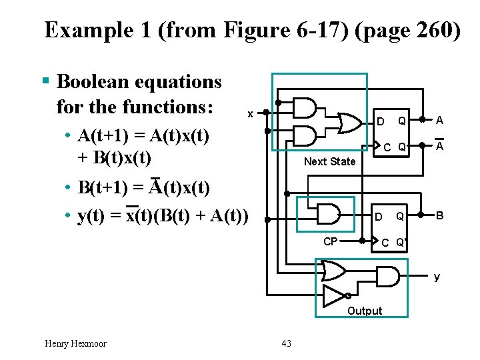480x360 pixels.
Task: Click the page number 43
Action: pyautogui.click(x=287, y=343)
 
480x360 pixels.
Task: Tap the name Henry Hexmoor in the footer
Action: pyautogui.click(x=75, y=343)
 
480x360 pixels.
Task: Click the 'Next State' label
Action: pyautogui.click(x=329, y=161)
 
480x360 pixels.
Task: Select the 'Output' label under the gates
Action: pyautogui.click(x=365, y=311)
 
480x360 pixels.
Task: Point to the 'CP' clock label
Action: pyautogui.click(x=331, y=241)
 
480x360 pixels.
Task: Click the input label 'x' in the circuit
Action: pyautogui.click(x=250, y=114)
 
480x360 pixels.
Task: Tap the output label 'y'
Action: pyautogui.click(x=437, y=277)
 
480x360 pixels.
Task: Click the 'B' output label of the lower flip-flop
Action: pyautogui.click(x=440, y=216)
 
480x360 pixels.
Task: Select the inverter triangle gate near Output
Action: pyautogui.click(x=334, y=295)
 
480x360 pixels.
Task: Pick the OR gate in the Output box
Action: pyautogui.click(x=333, y=269)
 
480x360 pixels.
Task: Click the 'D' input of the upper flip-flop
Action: pyautogui.click(x=380, y=121)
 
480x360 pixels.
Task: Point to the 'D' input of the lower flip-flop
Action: pyautogui.click(x=378, y=217)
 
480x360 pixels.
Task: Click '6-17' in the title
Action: pyautogui.click(x=284, y=30)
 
